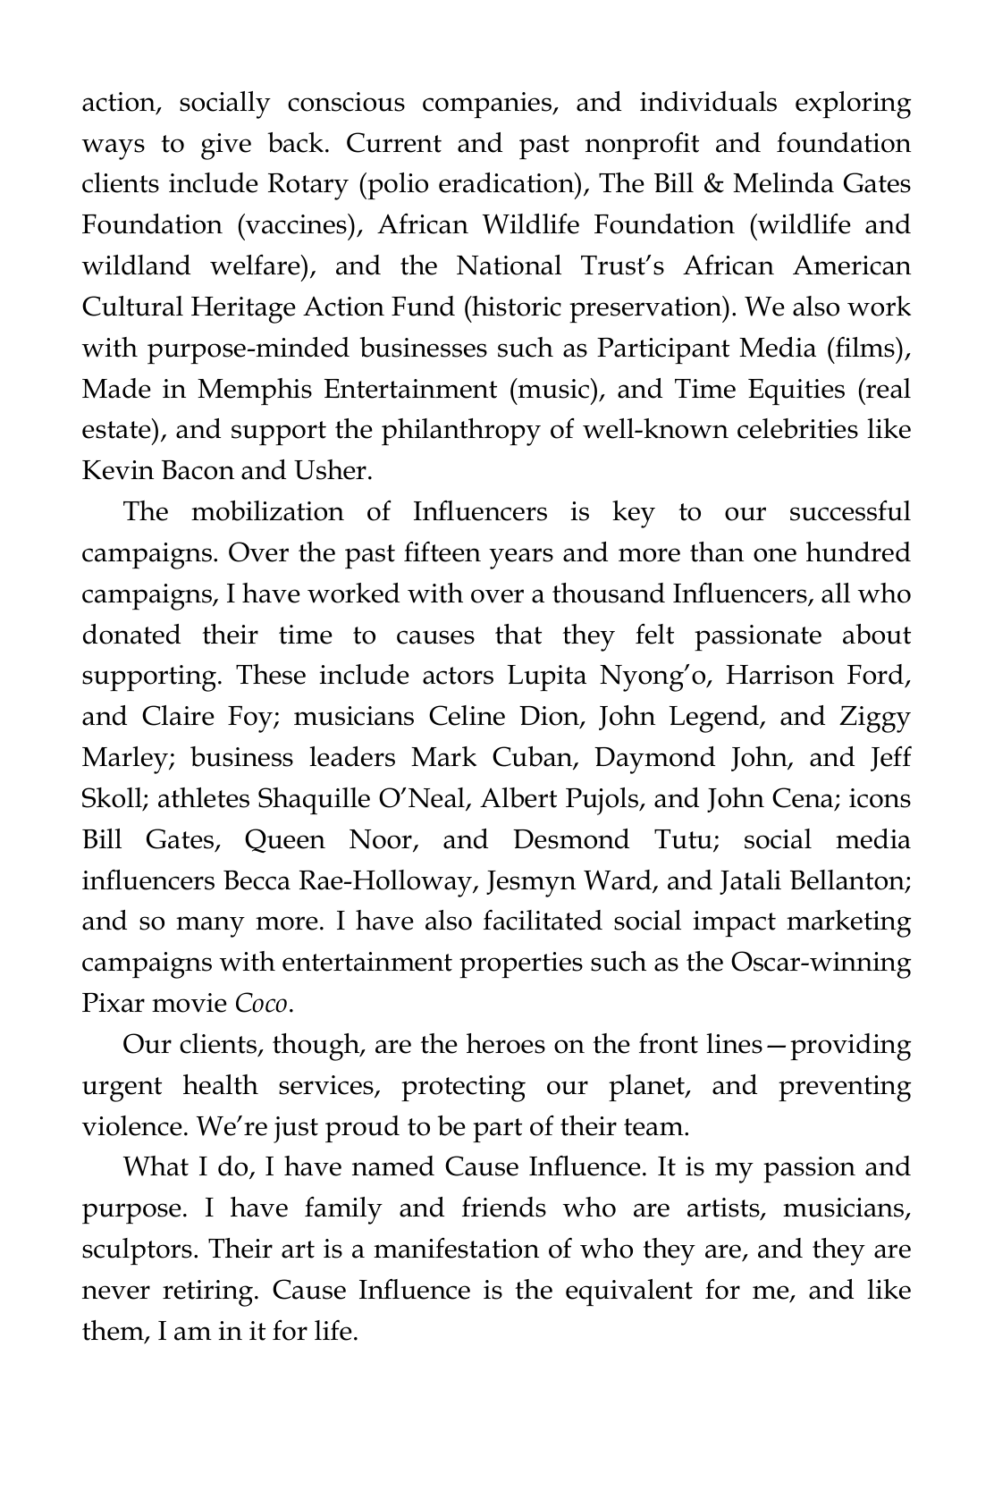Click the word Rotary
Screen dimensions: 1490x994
point(307,184)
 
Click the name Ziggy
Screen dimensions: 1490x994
point(875,717)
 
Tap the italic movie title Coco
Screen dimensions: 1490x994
point(261,1005)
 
